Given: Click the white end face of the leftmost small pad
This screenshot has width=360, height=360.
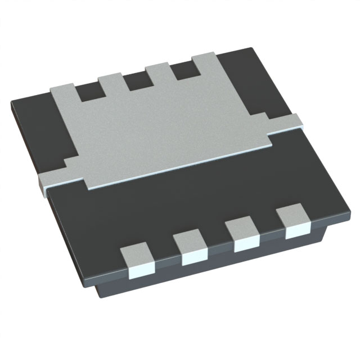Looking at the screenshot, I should [x=142, y=272].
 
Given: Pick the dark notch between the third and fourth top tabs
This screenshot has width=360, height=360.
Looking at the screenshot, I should [x=182, y=71].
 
